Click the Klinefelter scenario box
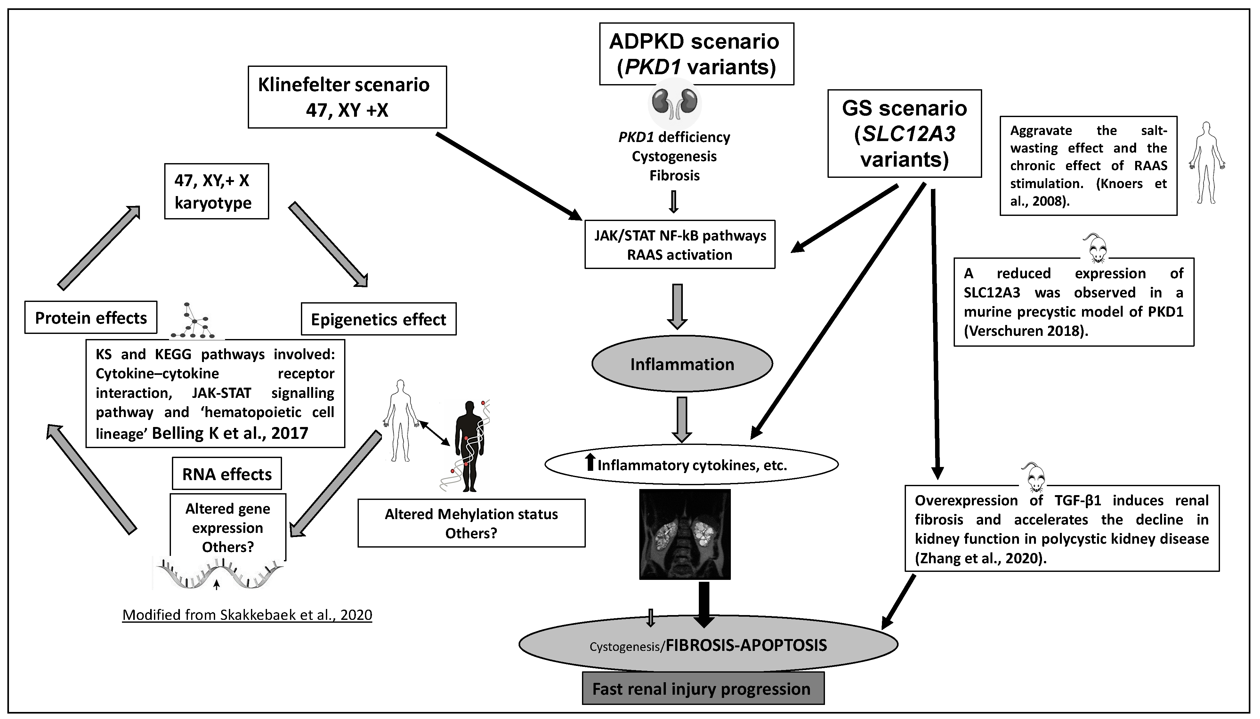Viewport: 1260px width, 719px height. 347,97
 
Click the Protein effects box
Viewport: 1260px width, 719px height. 91,318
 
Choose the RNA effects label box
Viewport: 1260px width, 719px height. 227,474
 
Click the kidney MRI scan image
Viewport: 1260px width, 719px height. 684,534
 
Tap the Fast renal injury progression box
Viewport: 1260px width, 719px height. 703,688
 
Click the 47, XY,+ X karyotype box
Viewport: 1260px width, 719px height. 216,191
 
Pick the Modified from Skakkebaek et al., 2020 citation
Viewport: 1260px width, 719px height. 247,615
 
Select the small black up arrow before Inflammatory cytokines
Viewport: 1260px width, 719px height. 589,463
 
